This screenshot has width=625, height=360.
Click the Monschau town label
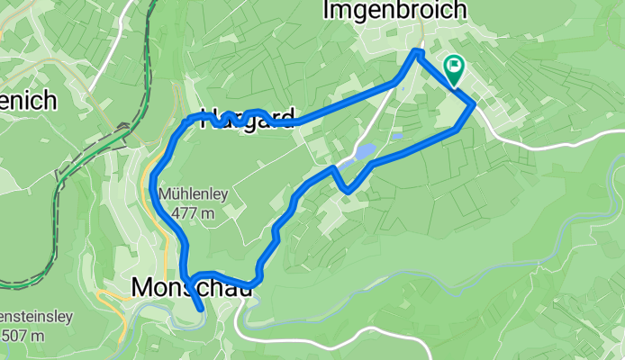pos(188,287)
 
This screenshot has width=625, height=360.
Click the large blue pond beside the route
pos(364,152)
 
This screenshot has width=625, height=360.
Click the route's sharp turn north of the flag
pos(415,53)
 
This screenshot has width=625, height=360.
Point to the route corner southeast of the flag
pos(472,105)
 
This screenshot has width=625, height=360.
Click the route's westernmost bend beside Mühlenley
pos(154,175)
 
